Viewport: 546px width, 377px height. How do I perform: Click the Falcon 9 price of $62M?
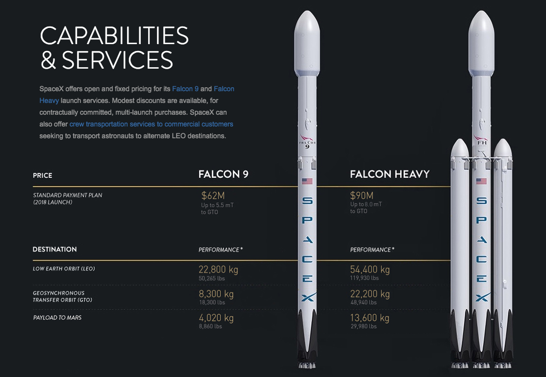pyautogui.click(x=213, y=196)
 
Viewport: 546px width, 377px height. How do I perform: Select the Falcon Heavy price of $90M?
pyautogui.click(x=362, y=195)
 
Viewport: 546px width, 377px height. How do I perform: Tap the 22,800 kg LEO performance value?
pyautogui.click(x=218, y=270)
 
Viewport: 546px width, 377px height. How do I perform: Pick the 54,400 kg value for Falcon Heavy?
pyautogui.click(x=370, y=270)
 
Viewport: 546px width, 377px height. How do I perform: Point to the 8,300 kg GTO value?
pyautogui.click(x=216, y=294)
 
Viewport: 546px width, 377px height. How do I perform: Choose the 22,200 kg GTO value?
pyautogui.click(x=370, y=294)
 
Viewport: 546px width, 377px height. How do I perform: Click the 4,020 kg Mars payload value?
pyautogui.click(x=216, y=318)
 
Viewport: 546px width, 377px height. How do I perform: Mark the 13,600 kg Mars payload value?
pyautogui.click(x=370, y=318)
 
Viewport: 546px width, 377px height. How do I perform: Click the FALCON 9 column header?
pyautogui.click(x=224, y=174)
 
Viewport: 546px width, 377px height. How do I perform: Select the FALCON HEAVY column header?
pyautogui.click(x=390, y=174)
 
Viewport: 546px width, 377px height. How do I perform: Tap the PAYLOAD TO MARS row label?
pyautogui.click(x=57, y=318)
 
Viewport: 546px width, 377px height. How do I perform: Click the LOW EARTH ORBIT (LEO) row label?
pyautogui.click(x=64, y=269)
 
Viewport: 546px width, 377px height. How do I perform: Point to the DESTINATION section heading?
pyautogui.click(x=54, y=249)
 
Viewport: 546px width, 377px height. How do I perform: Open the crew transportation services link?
pyautogui.click(x=151, y=124)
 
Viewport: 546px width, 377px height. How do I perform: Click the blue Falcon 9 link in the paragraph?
pyautogui.click(x=185, y=89)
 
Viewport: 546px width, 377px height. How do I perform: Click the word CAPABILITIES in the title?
pyautogui.click(x=114, y=35)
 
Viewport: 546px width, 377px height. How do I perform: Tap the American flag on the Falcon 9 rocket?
pyautogui.click(x=307, y=181)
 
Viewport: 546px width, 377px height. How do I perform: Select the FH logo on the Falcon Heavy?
pyautogui.click(x=482, y=143)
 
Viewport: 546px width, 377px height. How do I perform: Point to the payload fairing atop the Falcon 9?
pyautogui.click(x=307, y=44)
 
